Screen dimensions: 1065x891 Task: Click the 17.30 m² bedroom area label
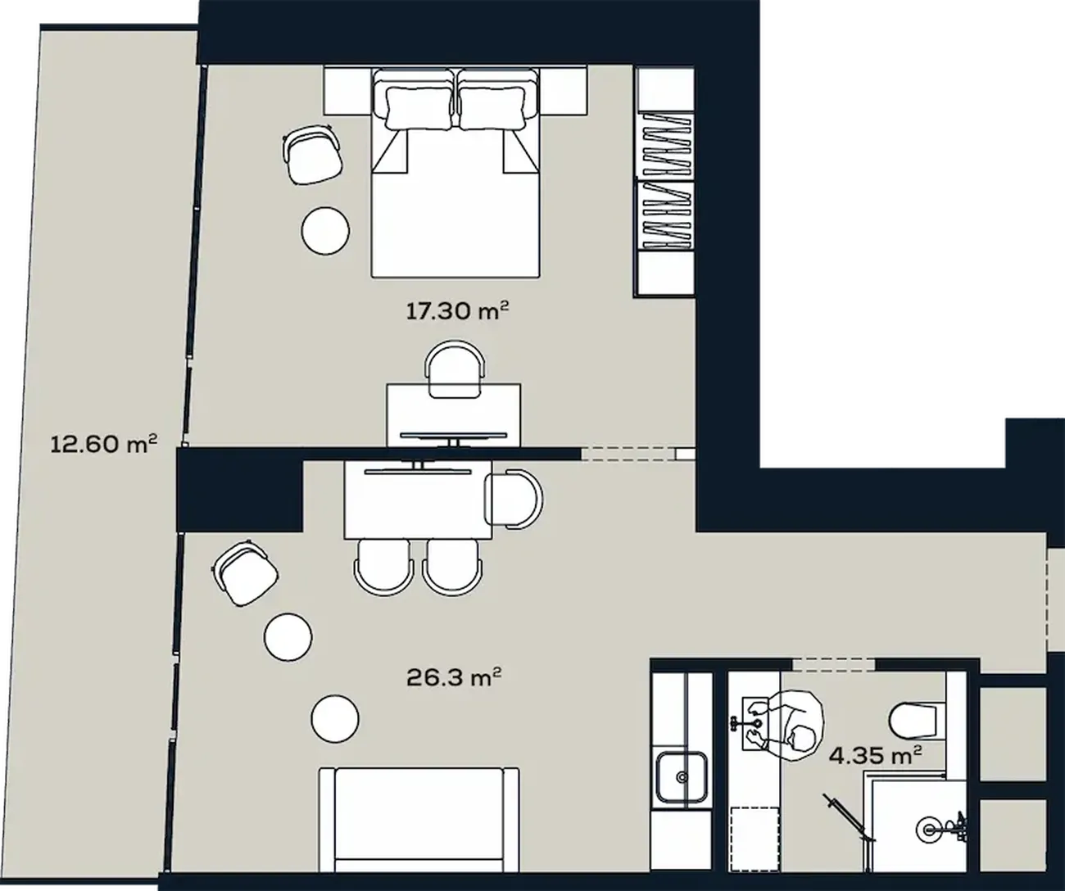(457, 310)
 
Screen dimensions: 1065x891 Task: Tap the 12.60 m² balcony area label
(103, 444)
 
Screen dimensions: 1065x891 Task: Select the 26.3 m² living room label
(454, 677)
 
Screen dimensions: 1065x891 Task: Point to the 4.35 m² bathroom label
(875, 755)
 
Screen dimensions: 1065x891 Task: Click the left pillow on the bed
(419, 107)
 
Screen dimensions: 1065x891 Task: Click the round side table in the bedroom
(325, 230)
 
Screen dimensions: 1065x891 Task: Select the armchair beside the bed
(312, 155)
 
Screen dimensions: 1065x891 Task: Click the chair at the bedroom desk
(455, 369)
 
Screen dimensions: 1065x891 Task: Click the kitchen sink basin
(682, 776)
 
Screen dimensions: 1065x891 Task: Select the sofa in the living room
(419, 828)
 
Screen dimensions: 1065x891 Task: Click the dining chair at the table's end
(514, 498)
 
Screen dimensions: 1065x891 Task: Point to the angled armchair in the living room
(245, 572)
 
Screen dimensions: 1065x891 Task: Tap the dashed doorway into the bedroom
(628, 454)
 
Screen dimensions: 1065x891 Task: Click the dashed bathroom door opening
(833, 664)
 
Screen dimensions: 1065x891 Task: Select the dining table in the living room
(419, 500)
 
